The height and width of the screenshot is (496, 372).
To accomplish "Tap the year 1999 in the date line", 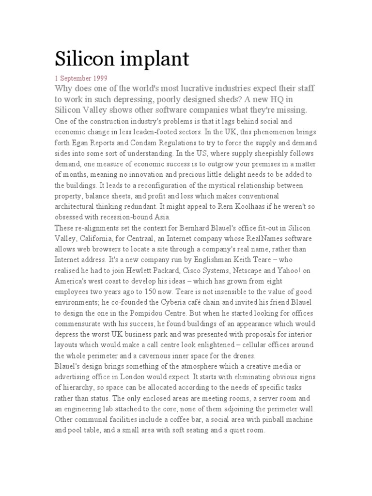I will [x=99, y=77].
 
